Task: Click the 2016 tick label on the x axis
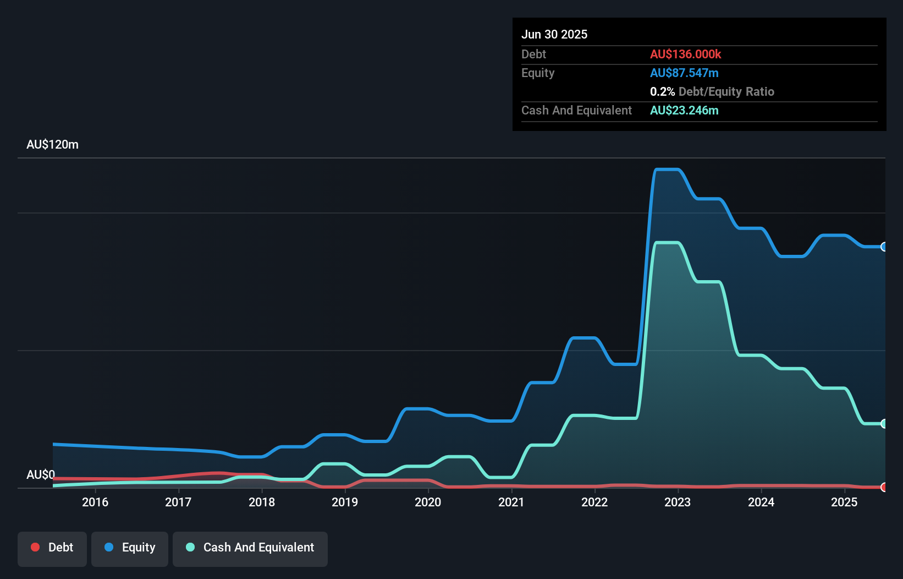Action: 95,502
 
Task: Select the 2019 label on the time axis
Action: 345,502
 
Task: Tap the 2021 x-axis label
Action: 511,502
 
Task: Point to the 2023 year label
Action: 678,502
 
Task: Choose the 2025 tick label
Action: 844,502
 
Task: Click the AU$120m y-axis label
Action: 52,145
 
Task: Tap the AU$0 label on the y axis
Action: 41,474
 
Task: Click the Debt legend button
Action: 52,548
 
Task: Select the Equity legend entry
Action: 130,548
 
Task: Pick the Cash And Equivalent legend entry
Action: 250,548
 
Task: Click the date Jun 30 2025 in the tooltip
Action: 554,34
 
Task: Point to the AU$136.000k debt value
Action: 685,54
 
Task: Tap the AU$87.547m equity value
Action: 684,73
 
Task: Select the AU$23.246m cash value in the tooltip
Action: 684,110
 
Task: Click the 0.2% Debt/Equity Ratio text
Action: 712,91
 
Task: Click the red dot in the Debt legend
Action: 35,547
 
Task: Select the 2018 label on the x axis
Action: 262,502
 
